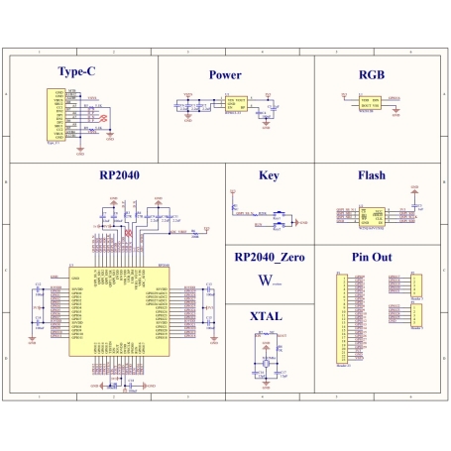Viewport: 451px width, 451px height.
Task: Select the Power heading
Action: coord(225,74)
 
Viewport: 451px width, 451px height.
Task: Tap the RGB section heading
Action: coord(371,74)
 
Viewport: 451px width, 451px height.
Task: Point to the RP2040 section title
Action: coord(119,175)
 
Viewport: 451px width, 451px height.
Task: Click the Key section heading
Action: coord(269,175)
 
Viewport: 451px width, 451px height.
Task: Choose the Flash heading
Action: coord(371,175)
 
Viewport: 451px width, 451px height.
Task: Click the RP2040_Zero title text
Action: coord(270,257)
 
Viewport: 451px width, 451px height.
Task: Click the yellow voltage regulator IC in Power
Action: coord(238,102)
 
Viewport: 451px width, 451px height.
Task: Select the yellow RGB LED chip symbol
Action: coord(372,101)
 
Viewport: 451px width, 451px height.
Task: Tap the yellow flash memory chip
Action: coord(372,215)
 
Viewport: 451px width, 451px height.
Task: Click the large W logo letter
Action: coord(263,282)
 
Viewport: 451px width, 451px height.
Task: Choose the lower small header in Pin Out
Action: coord(414,314)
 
